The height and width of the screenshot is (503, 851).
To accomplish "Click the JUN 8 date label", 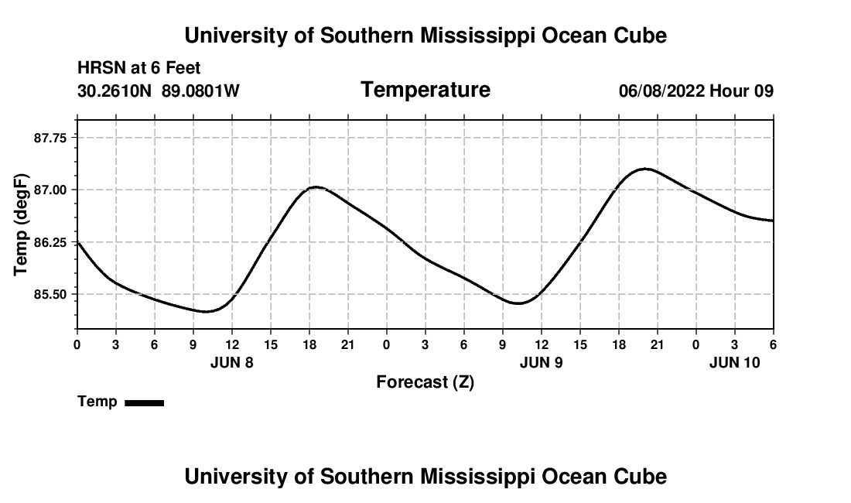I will (232, 362).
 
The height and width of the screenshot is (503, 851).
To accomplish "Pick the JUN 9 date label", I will (542, 362).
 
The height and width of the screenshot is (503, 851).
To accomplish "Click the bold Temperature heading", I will (425, 90).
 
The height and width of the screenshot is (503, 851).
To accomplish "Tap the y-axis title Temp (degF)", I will (22, 224).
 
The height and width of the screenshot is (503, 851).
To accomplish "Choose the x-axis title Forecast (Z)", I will (425, 382).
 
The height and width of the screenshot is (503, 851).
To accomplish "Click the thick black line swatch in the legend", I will (144, 402).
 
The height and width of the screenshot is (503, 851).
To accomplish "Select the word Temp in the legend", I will (97, 402).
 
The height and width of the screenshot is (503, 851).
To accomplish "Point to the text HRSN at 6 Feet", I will (139, 68).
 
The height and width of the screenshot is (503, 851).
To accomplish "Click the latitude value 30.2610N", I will (115, 91).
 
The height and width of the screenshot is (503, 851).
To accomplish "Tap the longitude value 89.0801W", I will (200, 91).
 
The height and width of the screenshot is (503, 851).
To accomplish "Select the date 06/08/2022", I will (661, 91).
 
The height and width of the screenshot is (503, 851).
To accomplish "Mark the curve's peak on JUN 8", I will (315, 186).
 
